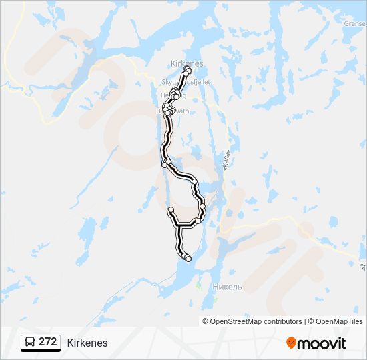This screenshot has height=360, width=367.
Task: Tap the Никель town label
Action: (226, 287)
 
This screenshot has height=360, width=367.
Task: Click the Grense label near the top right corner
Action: (355, 23)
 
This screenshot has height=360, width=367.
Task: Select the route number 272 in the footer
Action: (47, 342)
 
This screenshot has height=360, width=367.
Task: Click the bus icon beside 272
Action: (30, 343)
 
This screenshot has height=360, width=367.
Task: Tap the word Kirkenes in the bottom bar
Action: (87, 343)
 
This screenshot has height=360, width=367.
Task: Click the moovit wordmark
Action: (322, 343)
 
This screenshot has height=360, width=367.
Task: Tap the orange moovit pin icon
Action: (291, 343)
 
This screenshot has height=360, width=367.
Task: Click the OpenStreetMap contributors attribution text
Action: (256, 321)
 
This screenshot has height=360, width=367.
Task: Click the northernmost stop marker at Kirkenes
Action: (188, 69)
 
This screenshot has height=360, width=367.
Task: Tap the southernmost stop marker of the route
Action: (188, 259)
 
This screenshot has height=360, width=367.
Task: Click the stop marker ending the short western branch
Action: (171, 210)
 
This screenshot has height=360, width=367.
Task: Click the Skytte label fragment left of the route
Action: (167, 82)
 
